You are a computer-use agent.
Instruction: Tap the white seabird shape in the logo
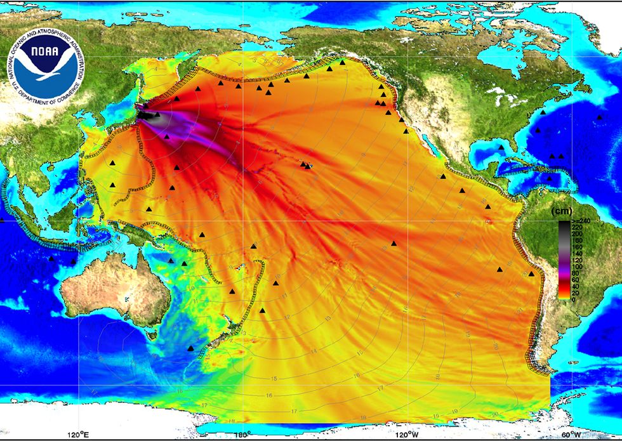click(46, 67)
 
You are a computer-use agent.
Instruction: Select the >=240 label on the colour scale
click(581, 220)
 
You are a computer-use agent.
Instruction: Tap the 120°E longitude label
click(77, 435)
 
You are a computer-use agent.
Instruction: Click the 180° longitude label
click(241, 435)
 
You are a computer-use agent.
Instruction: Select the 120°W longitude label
click(407, 435)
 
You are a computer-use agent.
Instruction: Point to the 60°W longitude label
click(570, 435)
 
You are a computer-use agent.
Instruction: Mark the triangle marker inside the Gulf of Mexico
click(501, 147)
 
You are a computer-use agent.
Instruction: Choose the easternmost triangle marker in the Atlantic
click(600, 117)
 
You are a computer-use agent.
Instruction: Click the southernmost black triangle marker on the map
click(190, 348)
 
